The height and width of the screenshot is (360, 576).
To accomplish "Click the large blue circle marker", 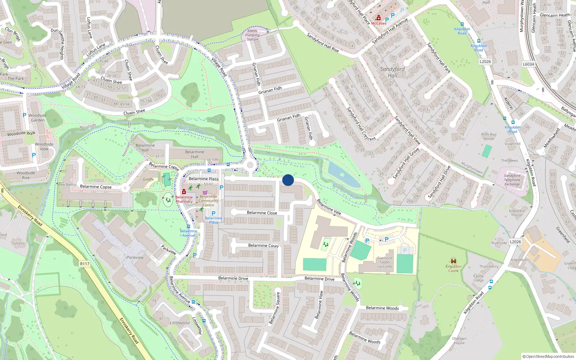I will tap(288, 180).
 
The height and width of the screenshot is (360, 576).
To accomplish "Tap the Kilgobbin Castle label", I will tap(454, 269).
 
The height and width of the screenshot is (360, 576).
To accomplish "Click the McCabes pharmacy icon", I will tap(378, 18).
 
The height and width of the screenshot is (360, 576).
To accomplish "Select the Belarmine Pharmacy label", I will tap(184, 199).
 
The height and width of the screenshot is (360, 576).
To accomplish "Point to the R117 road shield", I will tap(85, 264).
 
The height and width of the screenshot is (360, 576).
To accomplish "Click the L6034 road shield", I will tap(528, 64).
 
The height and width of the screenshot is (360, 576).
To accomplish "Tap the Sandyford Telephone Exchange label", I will tap(512, 180).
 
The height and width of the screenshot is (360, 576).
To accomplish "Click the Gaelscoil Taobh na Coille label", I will tap(384, 262).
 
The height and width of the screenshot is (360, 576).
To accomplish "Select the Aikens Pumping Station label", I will tap(252, 35).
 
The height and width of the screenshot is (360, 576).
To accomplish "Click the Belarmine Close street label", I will tap(262, 213).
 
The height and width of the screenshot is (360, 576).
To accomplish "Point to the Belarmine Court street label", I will tap(263, 246).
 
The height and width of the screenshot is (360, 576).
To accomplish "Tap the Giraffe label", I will tap(148, 179).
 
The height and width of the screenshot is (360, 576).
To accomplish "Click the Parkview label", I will tap(135, 257).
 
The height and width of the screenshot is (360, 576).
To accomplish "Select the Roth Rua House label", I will tap(489, 136).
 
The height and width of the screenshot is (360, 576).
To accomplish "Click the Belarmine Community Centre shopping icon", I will tap(205, 193).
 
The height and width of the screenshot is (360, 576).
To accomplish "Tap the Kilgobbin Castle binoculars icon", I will tap(454, 261).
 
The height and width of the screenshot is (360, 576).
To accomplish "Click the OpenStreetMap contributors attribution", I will tap(548, 357).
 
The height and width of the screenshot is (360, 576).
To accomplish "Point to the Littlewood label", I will tap(180, 323).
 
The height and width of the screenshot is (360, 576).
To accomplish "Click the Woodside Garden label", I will tap(38, 118).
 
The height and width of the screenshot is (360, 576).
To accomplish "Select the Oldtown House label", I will tap(459, 341).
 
